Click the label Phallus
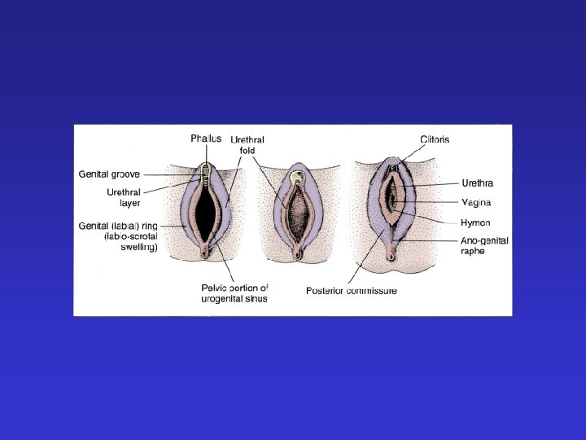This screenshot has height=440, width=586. [x=206, y=139]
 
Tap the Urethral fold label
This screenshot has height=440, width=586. [x=247, y=145]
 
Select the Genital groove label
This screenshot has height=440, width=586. [x=109, y=174]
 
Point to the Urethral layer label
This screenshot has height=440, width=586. [x=124, y=198]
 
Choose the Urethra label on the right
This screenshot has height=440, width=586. [x=477, y=183]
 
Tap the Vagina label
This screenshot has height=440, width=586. [x=476, y=202]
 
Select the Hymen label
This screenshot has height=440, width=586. [x=475, y=222]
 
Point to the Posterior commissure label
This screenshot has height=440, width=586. [x=351, y=291]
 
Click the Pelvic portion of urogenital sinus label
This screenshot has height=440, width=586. [x=234, y=293]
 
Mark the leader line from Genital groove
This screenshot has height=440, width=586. [x=171, y=174]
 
